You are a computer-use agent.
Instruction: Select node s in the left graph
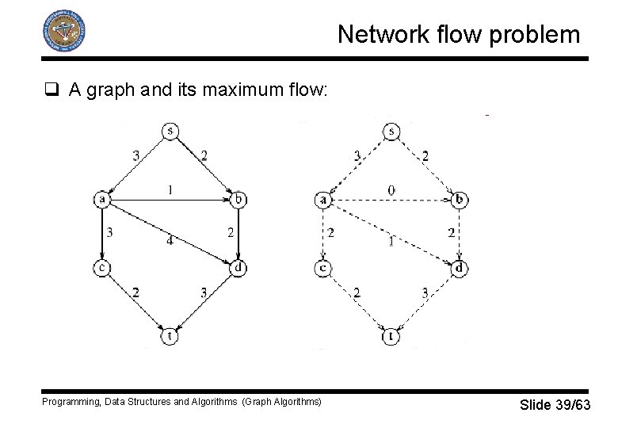(169, 131)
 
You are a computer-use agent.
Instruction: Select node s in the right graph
(391, 131)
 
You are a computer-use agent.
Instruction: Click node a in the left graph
(102, 200)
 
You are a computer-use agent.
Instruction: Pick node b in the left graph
(239, 200)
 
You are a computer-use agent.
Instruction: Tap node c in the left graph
(102, 269)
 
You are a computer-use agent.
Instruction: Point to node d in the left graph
(239, 269)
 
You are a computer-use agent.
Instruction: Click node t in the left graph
(170, 337)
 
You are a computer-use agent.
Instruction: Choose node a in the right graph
(322, 200)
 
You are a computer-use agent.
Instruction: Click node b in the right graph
(460, 200)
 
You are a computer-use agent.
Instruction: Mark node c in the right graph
(322, 269)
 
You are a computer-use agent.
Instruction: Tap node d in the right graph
(460, 269)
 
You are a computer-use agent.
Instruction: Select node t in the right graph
(391, 337)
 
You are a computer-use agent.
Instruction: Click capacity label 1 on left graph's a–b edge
(170, 189)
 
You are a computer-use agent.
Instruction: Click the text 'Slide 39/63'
(555, 405)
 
